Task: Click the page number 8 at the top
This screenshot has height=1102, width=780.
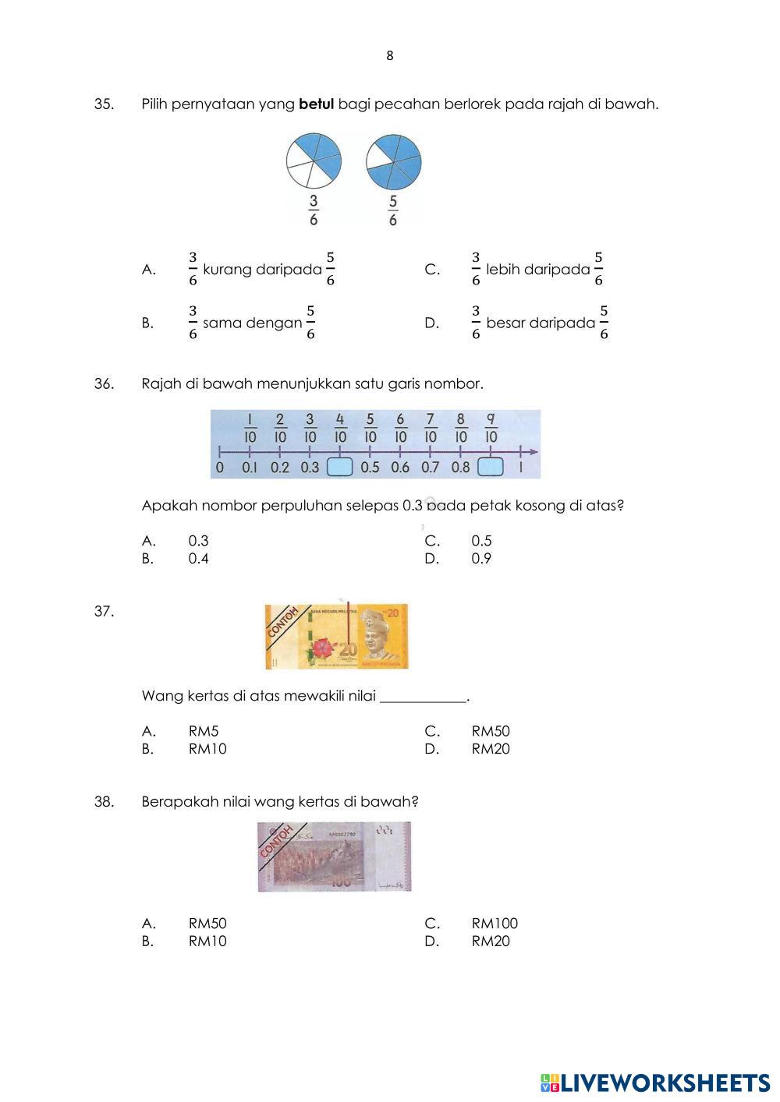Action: tap(390, 56)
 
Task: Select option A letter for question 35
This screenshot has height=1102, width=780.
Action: tap(148, 270)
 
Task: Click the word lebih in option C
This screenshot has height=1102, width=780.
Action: tap(503, 270)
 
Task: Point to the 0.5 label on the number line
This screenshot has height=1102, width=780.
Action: tap(370, 468)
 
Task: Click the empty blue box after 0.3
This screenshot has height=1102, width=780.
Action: tap(339, 468)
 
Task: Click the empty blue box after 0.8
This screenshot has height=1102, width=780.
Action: tap(490, 468)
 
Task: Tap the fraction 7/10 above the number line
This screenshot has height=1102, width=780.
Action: tap(431, 429)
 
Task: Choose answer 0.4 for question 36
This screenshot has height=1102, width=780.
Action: tap(198, 559)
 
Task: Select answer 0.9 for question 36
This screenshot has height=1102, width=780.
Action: tap(481, 559)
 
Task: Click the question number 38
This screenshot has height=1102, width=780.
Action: tap(105, 801)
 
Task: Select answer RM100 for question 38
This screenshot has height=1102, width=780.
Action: tap(495, 924)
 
